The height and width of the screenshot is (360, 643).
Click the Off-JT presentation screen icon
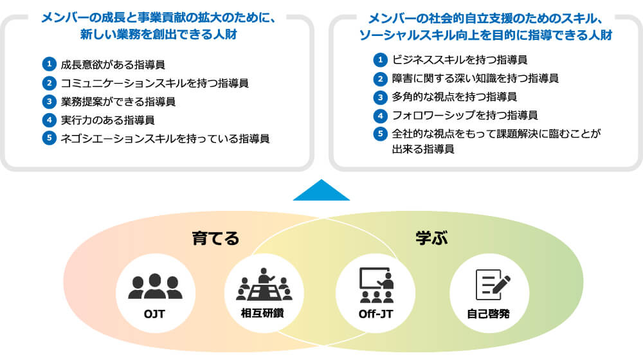point(376,285)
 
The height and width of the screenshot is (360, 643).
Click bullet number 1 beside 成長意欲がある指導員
point(48,64)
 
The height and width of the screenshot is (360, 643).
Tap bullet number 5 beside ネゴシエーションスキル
point(48,138)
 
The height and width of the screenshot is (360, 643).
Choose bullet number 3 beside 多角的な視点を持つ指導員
point(381,97)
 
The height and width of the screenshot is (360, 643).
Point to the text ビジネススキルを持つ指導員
point(460,60)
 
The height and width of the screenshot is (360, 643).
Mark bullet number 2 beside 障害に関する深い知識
point(381,78)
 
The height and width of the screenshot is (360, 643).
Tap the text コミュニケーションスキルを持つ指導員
point(154,83)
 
